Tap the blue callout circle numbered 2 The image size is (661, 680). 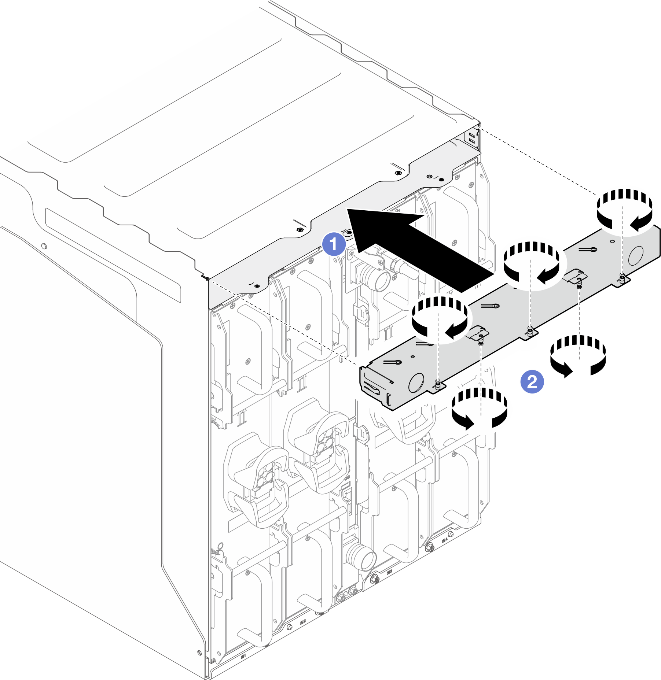532,382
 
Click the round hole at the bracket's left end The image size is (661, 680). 416,383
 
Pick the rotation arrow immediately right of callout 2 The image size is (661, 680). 578,355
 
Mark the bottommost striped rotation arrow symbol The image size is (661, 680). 480,408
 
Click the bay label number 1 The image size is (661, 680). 243,656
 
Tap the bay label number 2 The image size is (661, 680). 303,622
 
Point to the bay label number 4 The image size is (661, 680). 445,540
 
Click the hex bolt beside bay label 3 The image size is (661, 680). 375,579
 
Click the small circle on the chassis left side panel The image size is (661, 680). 44,246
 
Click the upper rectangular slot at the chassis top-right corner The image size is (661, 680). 471,135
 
